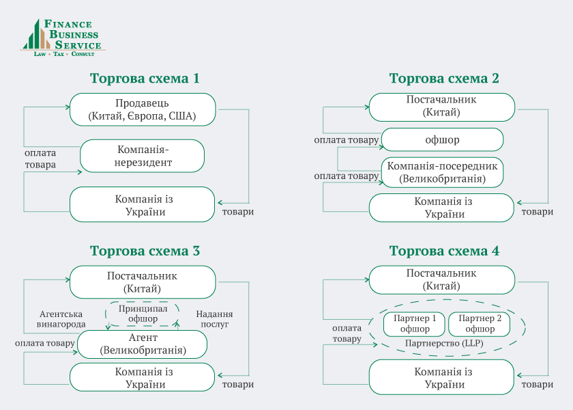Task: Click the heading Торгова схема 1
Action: point(145,78)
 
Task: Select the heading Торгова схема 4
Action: point(444,251)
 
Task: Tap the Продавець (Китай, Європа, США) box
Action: point(142,109)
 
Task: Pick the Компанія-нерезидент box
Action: point(142,156)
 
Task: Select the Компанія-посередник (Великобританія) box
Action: point(442,172)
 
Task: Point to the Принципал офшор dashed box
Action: point(143,313)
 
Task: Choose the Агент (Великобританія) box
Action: point(142,344)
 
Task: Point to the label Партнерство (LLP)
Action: point(443,342)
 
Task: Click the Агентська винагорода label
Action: point(61,318)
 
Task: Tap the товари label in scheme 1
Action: point(238,211)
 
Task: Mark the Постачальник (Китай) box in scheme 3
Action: point(142,282)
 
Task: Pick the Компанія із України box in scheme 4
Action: point(442,377)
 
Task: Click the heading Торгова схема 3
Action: point(145,251)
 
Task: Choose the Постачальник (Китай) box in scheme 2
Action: point(441,106)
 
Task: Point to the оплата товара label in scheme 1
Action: point(40,159)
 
